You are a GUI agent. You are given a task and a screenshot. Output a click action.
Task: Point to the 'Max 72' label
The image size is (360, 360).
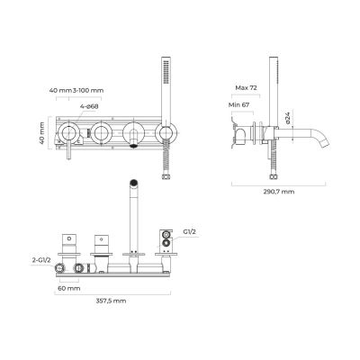tap(246, 89)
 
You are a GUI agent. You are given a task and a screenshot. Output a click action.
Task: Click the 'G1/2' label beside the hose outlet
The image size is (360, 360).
tap(189, 232)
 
